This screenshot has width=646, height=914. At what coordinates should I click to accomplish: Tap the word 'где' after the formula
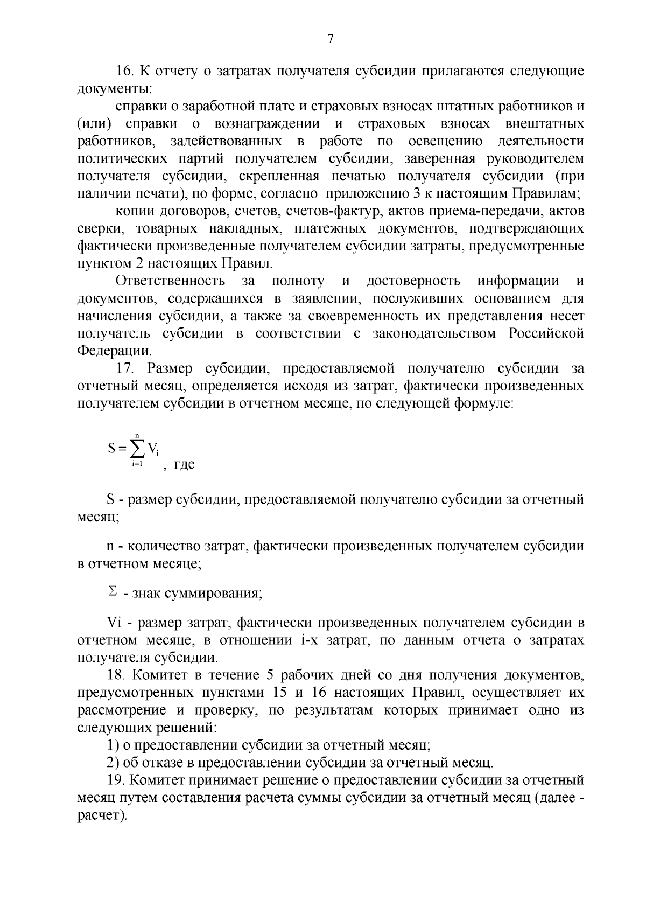(x=184, y=464)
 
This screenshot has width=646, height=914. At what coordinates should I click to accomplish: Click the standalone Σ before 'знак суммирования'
(x=112, y=592)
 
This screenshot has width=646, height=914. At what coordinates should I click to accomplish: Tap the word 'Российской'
(x=546, y=333)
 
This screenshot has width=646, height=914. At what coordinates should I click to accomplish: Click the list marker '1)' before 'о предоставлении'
(x=113, y=745)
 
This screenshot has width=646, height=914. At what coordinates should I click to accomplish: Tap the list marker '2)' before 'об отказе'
(x=113, y=763)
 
